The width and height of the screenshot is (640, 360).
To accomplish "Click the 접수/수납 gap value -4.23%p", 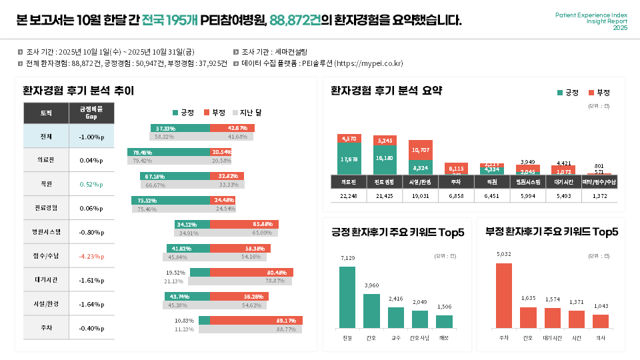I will [91, 256].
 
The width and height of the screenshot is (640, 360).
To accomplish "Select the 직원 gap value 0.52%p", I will [91, 184].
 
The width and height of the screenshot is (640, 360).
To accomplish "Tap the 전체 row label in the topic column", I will [46, 137].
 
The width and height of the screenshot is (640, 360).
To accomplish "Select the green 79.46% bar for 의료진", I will [169, 152].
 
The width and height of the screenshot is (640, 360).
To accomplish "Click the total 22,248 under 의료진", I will [349, 196].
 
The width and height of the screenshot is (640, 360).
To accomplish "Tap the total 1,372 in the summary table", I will [599, 196].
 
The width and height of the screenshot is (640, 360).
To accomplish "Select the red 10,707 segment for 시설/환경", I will [421, 150].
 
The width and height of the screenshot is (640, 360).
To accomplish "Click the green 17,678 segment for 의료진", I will [349, 159].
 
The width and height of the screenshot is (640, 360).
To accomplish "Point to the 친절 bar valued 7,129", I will [347, 297].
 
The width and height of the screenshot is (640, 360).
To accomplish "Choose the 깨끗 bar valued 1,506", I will [444, 321].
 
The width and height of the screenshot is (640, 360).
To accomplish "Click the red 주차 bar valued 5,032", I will [504, 295].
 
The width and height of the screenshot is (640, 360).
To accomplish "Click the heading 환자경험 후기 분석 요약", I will [386, 91].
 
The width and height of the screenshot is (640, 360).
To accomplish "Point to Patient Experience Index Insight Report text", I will [591, 21].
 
